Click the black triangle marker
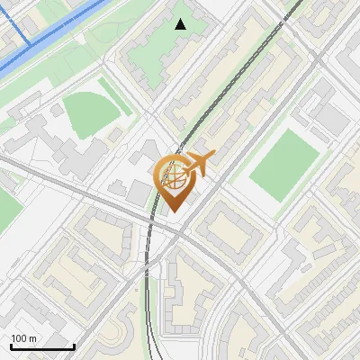pos(181,24)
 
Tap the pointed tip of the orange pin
pos(171,211)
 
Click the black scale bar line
pos(41,347)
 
